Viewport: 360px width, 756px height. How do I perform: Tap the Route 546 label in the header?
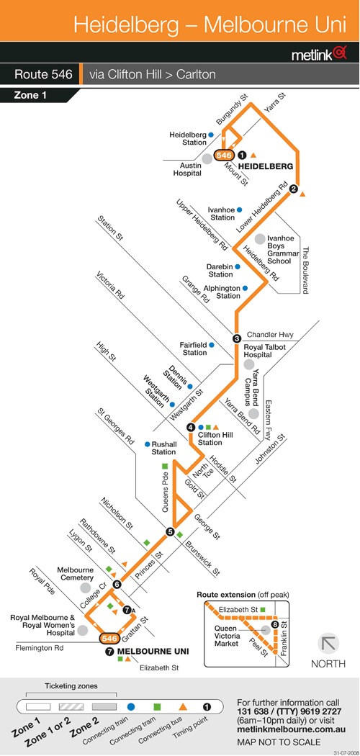click(43, 75)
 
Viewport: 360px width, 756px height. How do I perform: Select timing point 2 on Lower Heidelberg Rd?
click(293, 189)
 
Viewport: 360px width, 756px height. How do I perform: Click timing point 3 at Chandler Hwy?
click(237, 338)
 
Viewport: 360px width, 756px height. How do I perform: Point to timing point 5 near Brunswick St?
click(170, 532)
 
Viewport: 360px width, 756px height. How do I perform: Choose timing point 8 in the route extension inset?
click(275, 626)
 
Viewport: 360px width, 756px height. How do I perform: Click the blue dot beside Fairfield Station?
click(211, 345)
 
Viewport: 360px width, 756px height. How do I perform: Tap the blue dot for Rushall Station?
click(147, 444)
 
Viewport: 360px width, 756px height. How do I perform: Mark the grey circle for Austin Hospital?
click(207, 158)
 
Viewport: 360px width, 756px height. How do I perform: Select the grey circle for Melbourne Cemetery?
click(86, 588)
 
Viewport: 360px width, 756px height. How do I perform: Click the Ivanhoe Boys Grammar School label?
click(280, 250)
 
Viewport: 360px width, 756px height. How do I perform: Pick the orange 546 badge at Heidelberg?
click(224, 156)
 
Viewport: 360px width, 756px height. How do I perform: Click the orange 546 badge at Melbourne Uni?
click(109, 639)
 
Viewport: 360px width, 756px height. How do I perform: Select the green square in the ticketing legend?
click(157, 707)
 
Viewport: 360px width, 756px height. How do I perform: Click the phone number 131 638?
click(255, 711)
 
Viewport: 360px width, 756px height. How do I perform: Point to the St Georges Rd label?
click(116, 426)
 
